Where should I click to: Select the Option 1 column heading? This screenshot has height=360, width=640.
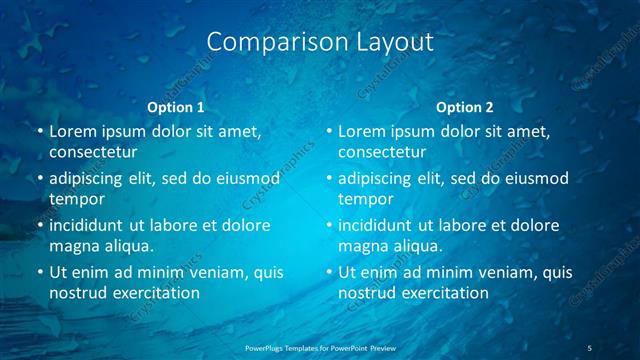(x=175, y=106)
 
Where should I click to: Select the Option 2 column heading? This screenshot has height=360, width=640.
(x=465, y=106)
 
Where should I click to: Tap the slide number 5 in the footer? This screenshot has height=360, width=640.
(x=590, y=347)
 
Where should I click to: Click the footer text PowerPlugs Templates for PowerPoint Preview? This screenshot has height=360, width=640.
(x=320, y=347)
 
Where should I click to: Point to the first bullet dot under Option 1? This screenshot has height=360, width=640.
(x=39, y=132)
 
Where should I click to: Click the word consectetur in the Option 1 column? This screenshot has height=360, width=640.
(x=93, y=152)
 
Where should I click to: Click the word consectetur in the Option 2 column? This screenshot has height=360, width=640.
(x=382, y=152)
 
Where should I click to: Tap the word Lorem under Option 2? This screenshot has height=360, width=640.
(x=361, y=132)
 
